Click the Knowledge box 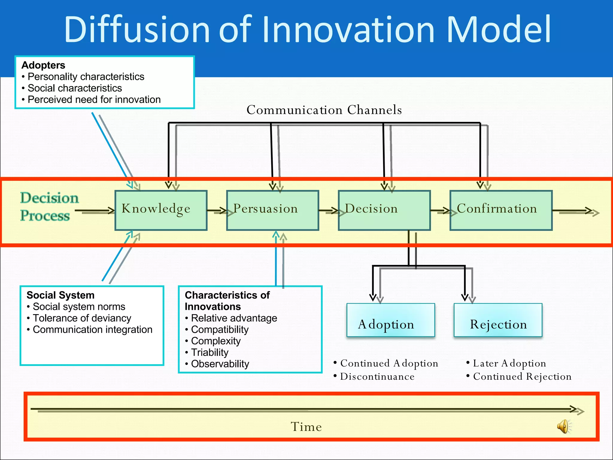[x=161, y=210]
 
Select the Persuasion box [x=272, y=210]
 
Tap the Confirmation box [x=501, y=210]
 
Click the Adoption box [x=390, y=320]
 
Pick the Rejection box [x=498, y=320]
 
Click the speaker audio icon [x=564, y=426]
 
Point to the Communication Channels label [x=324, y=110]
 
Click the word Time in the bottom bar [x=306, y=427]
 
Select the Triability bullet [x=210, y=352]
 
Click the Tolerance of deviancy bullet [x=82, y=318]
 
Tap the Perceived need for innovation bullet [x=94, y=99]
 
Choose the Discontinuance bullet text [x=377, y=376]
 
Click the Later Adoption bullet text [x=509, y=363]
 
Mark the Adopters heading [x=43, y=65]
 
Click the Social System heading [x=60, y=295]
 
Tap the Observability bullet [x=220, y=364]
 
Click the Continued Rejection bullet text [x=522, y=376]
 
